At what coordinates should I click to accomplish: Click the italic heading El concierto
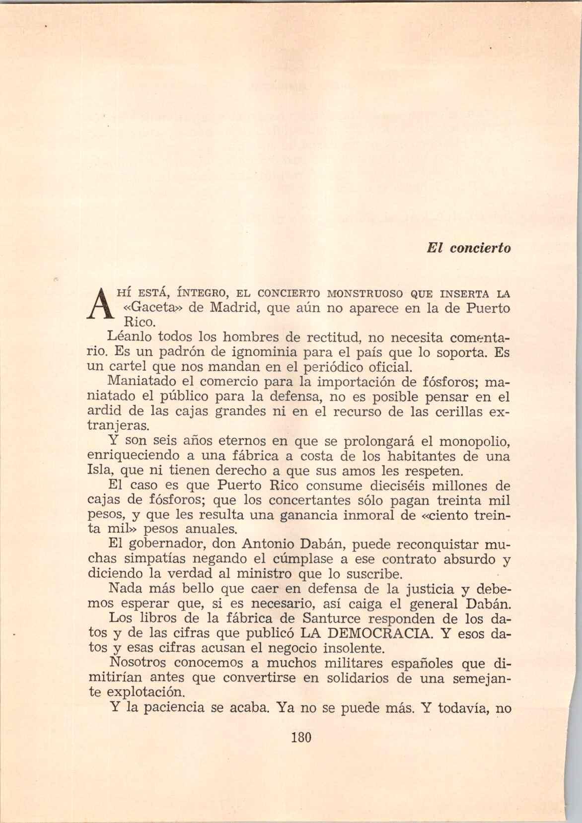(468, 248)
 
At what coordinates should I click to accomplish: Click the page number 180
(300, 737)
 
